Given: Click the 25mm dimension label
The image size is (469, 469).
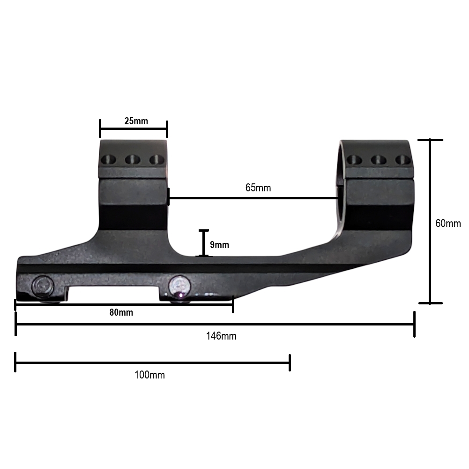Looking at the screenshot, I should (136, 121).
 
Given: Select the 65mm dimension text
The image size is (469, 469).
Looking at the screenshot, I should (258, 188).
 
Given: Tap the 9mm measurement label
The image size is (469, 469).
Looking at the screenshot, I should (219, 245).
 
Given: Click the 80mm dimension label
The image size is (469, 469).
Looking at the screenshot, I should (121, 313).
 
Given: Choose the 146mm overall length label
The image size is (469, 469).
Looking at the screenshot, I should (221, 336).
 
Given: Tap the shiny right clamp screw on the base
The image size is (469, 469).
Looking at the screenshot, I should (180, 285).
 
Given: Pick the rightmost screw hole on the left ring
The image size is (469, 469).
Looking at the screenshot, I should (156, 159).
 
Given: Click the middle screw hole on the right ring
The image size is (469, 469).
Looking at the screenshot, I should (378, 159).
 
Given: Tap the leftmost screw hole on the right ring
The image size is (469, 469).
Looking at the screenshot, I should (354, 159).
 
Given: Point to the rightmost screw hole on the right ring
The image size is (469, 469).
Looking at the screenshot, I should (402, 159).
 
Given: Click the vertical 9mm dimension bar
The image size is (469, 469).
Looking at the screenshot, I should (203, 243).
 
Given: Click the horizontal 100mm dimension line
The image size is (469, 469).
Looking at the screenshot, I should (153, 363).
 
